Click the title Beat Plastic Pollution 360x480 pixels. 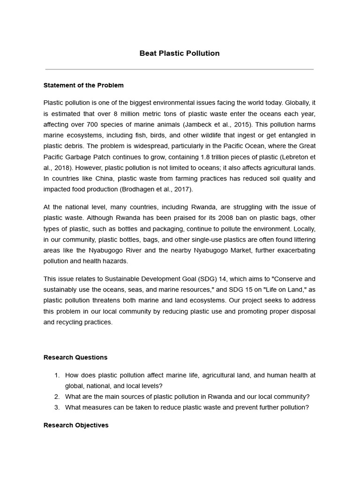[180, 53]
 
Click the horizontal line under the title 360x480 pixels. [180, 69]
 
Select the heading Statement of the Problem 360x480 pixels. [83, 85]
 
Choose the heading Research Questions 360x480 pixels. [75, 357]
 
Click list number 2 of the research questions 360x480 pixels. [57, 397]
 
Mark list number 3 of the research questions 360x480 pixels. [57, 407]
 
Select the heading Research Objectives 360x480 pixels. [76, 425]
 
